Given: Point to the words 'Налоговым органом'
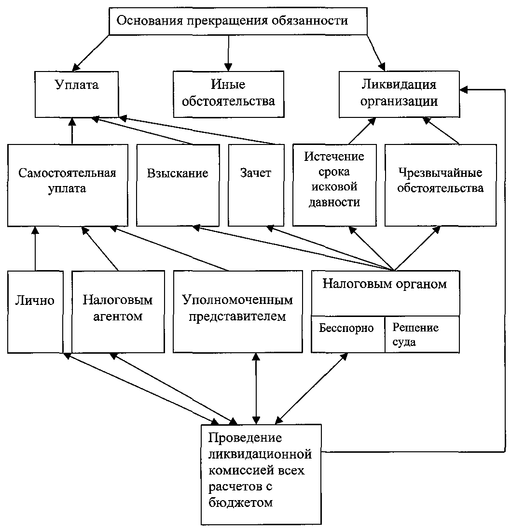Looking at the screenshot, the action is tap(385, 284).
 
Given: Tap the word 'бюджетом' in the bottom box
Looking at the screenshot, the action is tap(241, 503).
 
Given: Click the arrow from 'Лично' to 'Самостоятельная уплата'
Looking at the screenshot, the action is tap(35, 249).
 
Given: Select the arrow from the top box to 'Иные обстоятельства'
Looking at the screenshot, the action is tap(228, 53).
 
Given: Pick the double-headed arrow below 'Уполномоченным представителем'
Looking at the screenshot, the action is tap(256, 389).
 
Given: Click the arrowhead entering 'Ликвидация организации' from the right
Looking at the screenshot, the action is tap(464, 89).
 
